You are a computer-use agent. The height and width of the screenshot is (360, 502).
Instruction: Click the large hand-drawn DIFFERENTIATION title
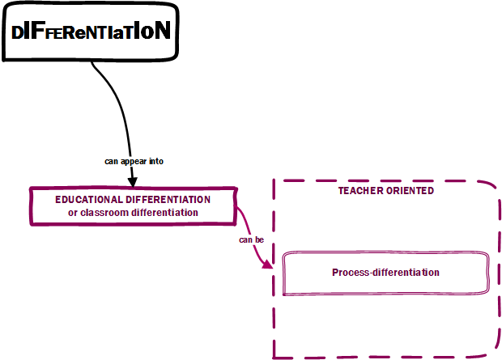91,32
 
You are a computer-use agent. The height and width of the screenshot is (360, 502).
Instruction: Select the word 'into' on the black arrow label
156,161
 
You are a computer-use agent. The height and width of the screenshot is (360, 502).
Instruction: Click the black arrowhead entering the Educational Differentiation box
132,181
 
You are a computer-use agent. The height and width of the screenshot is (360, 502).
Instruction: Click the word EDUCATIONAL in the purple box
89,199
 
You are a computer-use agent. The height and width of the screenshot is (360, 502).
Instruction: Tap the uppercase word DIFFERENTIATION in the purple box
168,199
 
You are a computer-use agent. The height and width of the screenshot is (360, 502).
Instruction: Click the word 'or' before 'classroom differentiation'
73,212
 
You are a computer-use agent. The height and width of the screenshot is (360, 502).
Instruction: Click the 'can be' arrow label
251,240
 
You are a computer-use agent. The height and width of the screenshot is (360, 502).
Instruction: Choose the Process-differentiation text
385,273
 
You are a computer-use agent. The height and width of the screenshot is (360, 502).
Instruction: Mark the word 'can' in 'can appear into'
112,161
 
